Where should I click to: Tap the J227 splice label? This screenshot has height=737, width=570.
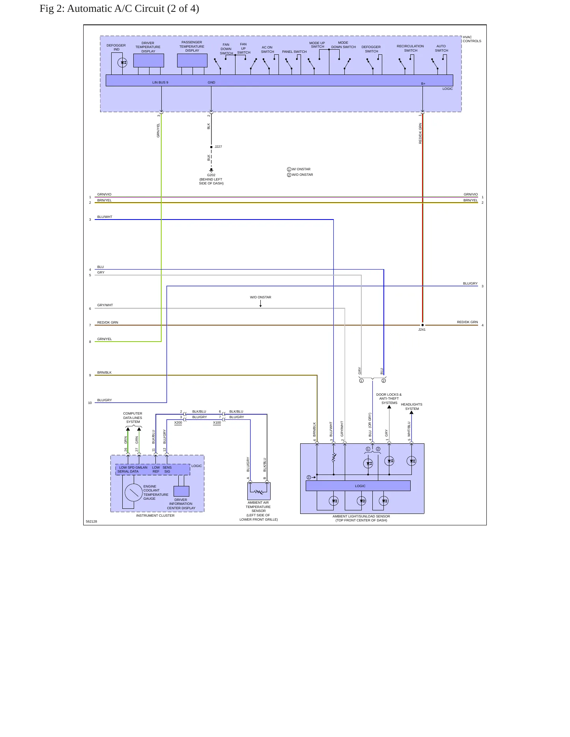click(218, 147)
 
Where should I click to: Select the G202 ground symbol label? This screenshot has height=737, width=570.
click(211, 175)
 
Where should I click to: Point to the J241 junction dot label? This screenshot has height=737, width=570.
click(422, 329)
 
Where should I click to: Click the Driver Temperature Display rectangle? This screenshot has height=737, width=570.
click(149, 60)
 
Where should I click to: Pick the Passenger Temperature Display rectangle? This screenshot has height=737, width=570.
click(192, 60)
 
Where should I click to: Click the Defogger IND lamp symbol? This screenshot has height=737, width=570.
click(123, 62)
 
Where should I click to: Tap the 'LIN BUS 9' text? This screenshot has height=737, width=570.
click(160, 82)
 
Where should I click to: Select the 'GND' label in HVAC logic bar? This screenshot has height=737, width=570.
click(211, 82)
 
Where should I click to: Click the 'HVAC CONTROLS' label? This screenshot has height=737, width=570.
click(472, 39)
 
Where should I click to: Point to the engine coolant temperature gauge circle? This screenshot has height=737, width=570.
click(134, 493)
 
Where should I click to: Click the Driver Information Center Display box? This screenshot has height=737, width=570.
click(181, 491)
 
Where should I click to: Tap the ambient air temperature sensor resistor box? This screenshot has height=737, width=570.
click(259, 491)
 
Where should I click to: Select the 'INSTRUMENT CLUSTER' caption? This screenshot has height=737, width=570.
click(155, 516)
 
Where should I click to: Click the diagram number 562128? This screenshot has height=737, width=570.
click(91, 521)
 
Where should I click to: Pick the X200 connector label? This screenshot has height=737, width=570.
click(178, 422)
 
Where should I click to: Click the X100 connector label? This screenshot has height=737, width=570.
click(217, 422)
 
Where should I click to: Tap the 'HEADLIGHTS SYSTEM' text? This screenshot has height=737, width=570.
click(411, 406)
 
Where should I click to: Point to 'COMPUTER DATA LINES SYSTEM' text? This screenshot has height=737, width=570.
click(133, 418)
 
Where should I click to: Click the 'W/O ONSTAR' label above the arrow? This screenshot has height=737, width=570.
click(260, 297)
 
